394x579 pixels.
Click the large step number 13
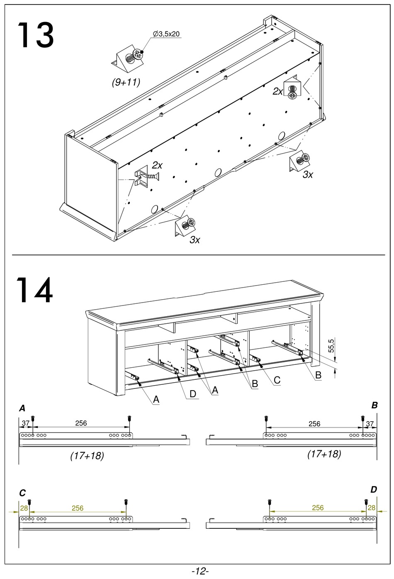tap(35, 36)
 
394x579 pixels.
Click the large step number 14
tap(35, 290)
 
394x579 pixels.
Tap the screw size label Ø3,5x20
tap(166, 34)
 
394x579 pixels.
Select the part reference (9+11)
tap(126, 83)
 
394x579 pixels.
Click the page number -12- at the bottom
tap(200, 571)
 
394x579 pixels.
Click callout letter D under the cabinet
tap(192, 393)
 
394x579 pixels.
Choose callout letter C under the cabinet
tap(277, 380)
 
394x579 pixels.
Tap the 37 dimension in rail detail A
tap(26, 423)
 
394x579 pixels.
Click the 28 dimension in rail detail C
tap(24, 508)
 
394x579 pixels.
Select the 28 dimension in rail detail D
tap(371, 508)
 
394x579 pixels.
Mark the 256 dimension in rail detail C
tap(78, 508)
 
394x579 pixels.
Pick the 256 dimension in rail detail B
tap(314, 423)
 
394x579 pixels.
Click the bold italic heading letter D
tap(374, 490)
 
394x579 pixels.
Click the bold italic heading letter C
tap(22, 493)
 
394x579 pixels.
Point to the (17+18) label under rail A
tap(87, 456)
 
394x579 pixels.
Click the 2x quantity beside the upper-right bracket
tap(277, 91)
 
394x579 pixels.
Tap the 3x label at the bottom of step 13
tap(195, 239)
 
